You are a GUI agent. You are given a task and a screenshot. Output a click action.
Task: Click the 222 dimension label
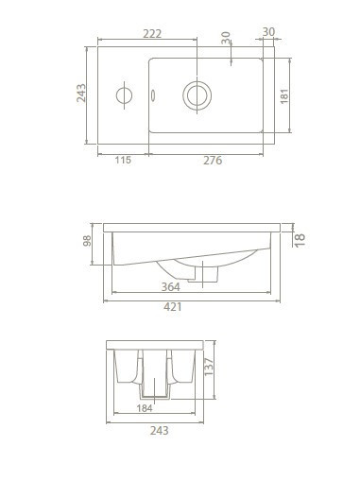152,33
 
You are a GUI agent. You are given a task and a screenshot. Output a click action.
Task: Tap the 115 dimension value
123,160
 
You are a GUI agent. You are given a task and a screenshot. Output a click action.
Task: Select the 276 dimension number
213,161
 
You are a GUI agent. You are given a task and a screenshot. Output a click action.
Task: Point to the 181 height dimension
284,96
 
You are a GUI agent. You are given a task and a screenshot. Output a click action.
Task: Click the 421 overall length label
173,307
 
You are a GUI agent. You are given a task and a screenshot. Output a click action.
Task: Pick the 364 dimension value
171,287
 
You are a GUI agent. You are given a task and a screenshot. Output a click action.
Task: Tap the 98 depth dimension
87,241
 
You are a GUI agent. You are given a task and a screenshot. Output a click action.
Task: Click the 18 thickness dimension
300,240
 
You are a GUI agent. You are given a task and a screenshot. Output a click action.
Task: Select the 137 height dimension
209,367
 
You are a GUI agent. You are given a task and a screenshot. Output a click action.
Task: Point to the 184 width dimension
145,408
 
